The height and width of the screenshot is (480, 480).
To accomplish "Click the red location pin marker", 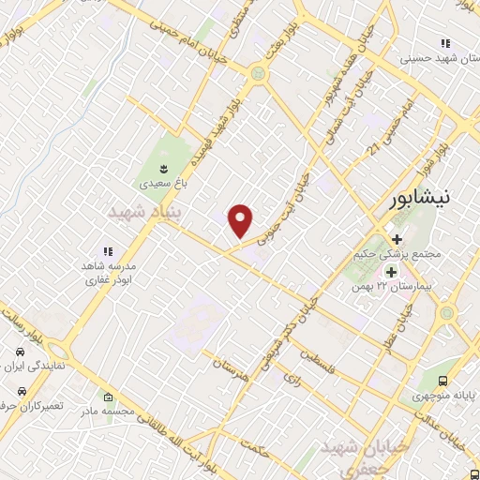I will (x=242, y=220).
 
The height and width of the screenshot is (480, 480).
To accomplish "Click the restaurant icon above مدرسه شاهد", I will (x=107, y=250).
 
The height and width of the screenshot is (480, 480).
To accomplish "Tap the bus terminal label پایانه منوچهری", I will (x=445, y=395).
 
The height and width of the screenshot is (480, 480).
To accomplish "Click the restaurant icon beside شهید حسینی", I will (x=445, y=43).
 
